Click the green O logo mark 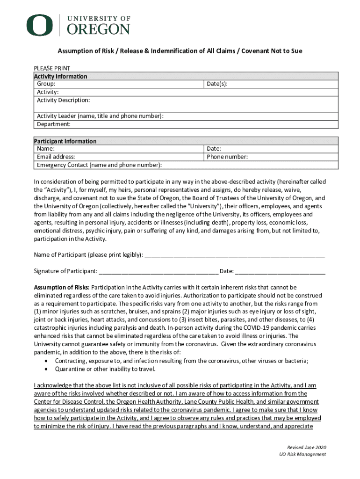40,25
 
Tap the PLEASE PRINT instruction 52,68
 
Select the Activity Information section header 61,76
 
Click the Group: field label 46,84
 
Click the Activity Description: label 64,100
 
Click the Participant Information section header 65,141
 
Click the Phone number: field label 227,157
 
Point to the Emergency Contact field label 100,165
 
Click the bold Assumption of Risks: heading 62,287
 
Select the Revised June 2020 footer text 306,447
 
